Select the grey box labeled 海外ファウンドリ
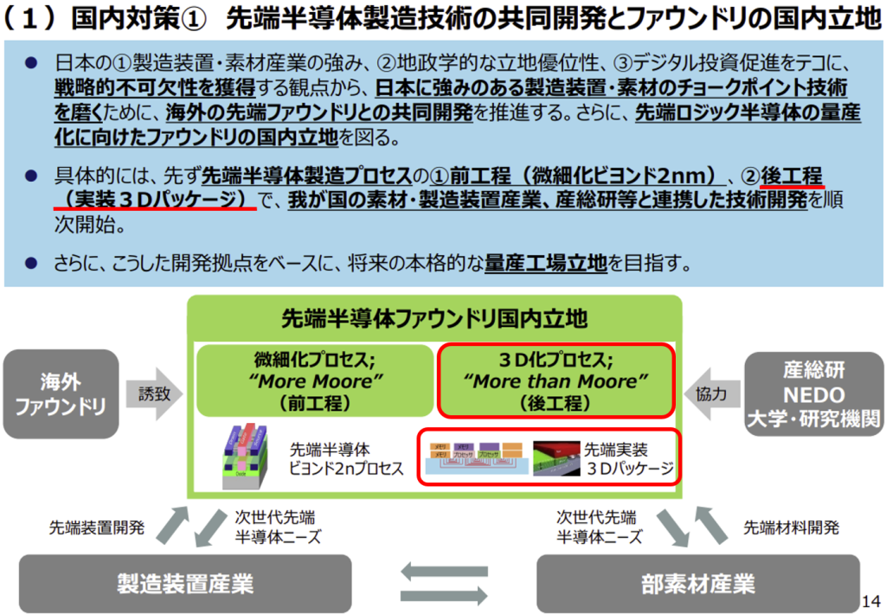[x=61, y=393]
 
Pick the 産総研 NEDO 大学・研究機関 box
[x=813, y=394]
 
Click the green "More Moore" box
[x=313, y=381]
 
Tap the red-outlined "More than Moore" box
[x=556, y=381]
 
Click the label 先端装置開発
[x=97, y=527]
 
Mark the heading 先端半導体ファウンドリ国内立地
[x=434, y=319]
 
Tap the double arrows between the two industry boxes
[x=443, y=584]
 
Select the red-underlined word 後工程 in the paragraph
[x=792, y=176]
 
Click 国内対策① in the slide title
[x=135, y=19]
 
